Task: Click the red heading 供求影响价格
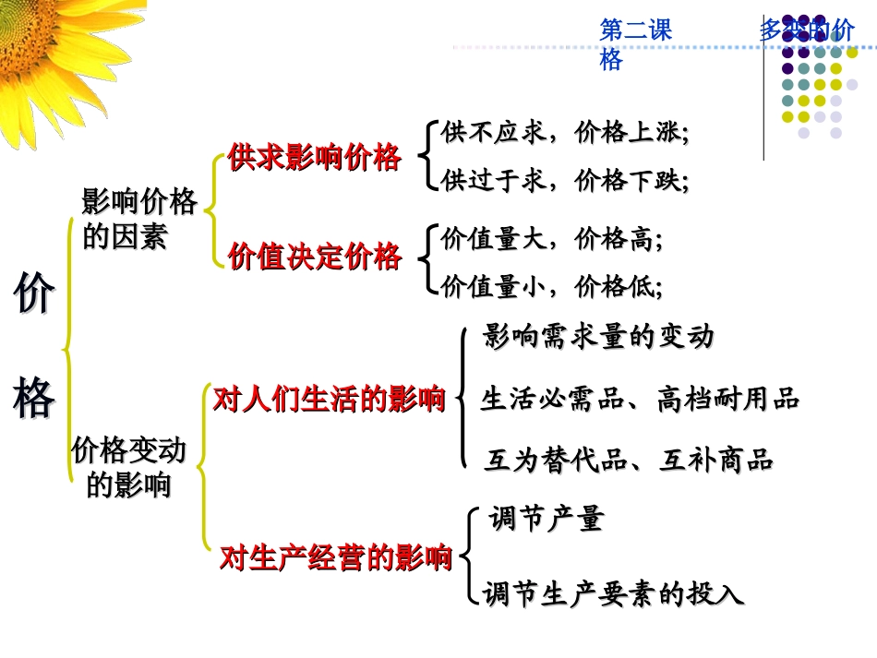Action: (314, 159)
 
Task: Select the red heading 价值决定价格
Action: (314, 257)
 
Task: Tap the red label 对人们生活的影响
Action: (329, 400)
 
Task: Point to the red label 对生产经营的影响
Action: (335, 558)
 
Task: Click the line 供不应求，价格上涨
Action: (565, 134)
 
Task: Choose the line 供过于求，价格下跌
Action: (565, 180)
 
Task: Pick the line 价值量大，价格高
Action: (552, 240)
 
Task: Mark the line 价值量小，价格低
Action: (552, 287)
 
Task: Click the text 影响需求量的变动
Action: (598, 337)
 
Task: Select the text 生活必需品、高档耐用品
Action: (639, 400)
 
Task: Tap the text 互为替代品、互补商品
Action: (628, 460)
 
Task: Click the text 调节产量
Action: (546, 519)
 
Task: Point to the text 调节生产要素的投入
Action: (613, 593)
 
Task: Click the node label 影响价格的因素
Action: (138, 219)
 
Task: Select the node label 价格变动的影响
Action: (129, 467)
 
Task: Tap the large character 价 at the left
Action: (34, 296)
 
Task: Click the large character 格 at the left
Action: (34, 398)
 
